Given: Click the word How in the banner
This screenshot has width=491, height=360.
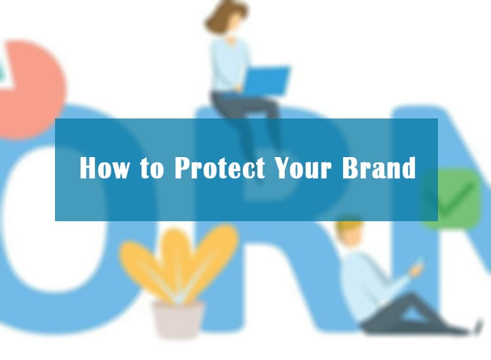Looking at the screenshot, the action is pyautogui.click(x=104, y=168).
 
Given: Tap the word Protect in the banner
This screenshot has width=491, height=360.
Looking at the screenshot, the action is pyautogui.click(x=219, y=168).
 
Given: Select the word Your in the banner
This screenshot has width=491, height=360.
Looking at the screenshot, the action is pyautogui.click(x=302, y=168).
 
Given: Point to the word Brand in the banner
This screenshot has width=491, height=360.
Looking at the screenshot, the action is pyautogui.click(x=379, y=168).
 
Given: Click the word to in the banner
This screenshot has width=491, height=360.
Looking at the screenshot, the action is pyautogui.click(x=152, y=168).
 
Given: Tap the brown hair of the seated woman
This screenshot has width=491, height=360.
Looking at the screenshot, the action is pyautogui.click(x=224, y=16).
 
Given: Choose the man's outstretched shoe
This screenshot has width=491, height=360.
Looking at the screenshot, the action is pyautogui.click(x=477, y=327).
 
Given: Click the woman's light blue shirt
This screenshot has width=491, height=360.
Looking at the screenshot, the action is pyautogui.click(x=228, y=64).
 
